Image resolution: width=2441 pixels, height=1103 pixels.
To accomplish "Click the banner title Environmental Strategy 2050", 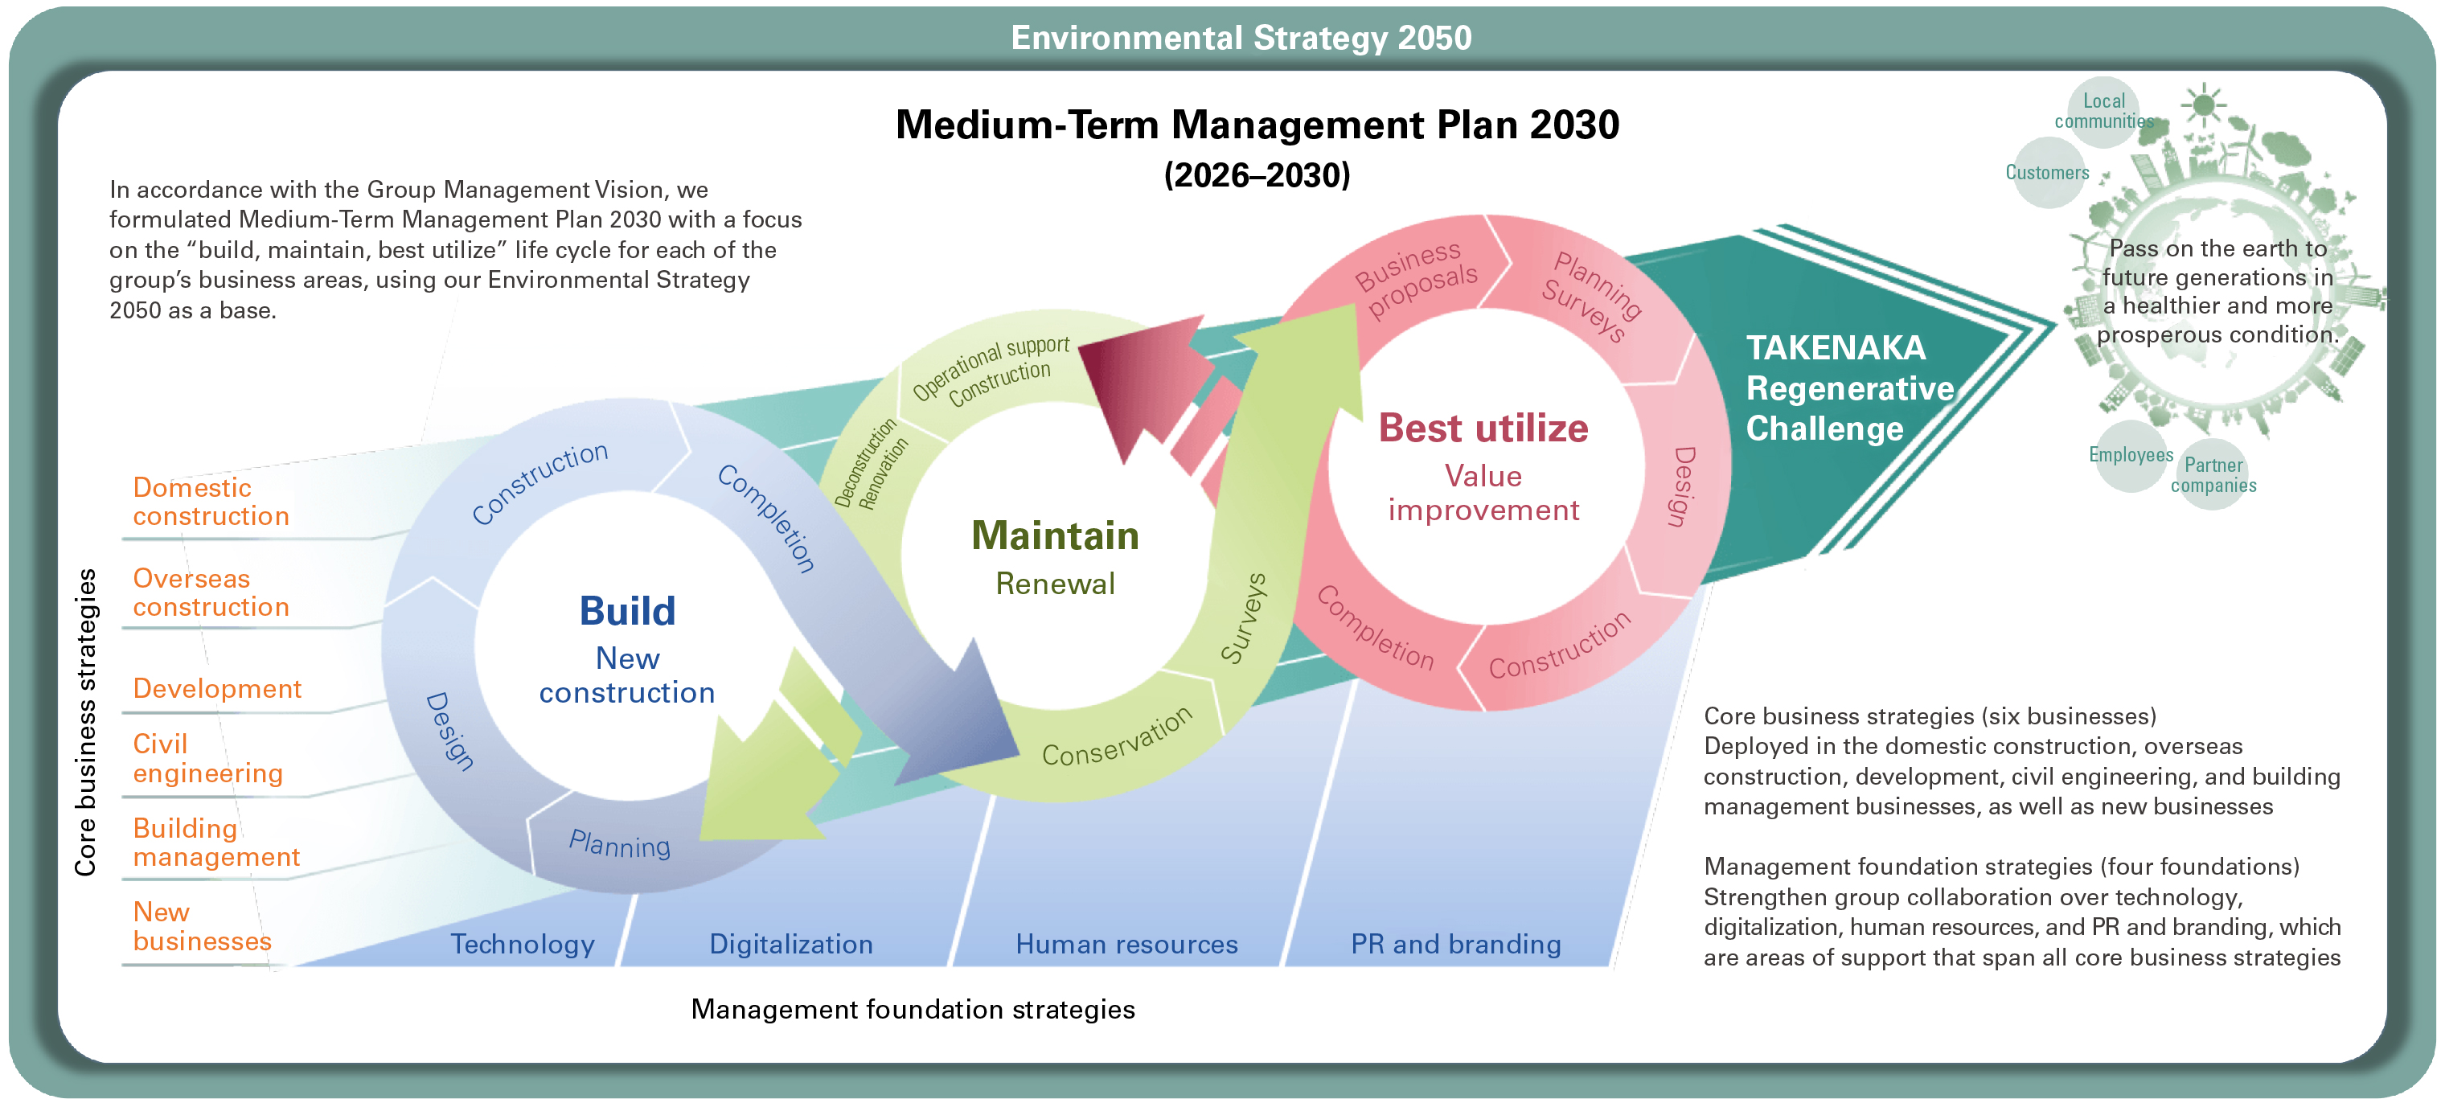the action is click(1241, 38).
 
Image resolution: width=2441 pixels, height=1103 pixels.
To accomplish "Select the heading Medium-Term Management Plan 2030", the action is click(1257, 125).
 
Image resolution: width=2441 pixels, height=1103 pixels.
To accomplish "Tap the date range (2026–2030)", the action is click(1257, 175).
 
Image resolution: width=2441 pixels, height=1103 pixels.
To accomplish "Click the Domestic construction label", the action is click(211, 502).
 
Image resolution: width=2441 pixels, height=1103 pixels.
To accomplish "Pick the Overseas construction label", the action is click(211, 593).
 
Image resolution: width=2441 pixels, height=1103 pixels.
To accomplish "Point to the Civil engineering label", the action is click(207, 758).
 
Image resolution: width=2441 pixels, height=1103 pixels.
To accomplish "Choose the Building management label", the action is click(216, 843).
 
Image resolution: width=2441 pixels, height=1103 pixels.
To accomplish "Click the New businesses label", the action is click(202, 926).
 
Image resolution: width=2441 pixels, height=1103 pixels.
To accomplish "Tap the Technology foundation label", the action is click(522, 944).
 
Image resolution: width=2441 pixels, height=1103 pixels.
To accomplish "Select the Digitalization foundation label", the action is click(791, 944).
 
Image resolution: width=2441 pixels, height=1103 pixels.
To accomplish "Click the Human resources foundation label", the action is click(1126, 944).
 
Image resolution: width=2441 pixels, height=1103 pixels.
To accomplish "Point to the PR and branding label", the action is click(1455, 944).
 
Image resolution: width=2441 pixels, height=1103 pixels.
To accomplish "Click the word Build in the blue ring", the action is click(627, 611).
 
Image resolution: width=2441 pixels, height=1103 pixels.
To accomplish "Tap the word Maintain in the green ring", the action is click(1055, 535).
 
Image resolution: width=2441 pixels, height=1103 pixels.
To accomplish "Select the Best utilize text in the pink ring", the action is click(1483, 428).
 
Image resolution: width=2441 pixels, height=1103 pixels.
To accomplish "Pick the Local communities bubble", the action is click(2103, 112).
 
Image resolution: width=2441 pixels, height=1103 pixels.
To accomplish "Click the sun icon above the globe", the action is click(2204, 105).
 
